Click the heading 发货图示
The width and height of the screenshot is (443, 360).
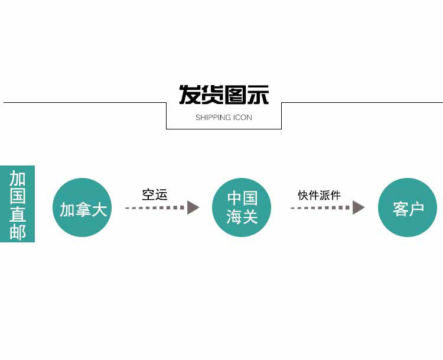(x=224, y=95)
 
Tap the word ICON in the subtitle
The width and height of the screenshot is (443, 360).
(x=243, y=118)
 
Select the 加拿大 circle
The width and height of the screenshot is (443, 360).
(x=82, y=207)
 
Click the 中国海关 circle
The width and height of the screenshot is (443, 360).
(x=242, y=207)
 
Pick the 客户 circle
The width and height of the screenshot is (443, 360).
(x=408, y=207)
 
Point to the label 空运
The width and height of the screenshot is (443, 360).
(x=155, y=194)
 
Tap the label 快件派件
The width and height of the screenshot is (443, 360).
(x=320, y=195)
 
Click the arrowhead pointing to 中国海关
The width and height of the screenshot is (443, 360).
(x=193, y=207)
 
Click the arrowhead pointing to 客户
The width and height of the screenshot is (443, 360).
(x=359, y=207)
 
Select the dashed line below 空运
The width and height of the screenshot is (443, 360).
(x=155, y=208)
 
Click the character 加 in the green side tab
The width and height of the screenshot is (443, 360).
(x=18, y=178)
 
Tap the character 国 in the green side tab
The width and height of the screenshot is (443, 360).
(x=18, y=196)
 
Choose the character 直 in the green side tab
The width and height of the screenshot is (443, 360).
(x=18, y=213)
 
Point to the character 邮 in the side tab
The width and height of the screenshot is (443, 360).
(x=18, y=232)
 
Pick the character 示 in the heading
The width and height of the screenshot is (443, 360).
(x=258, y=95)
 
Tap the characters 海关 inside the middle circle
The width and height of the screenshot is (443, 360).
(x=242, y=217)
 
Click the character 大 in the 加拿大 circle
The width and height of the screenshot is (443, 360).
(x=99, y=209)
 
